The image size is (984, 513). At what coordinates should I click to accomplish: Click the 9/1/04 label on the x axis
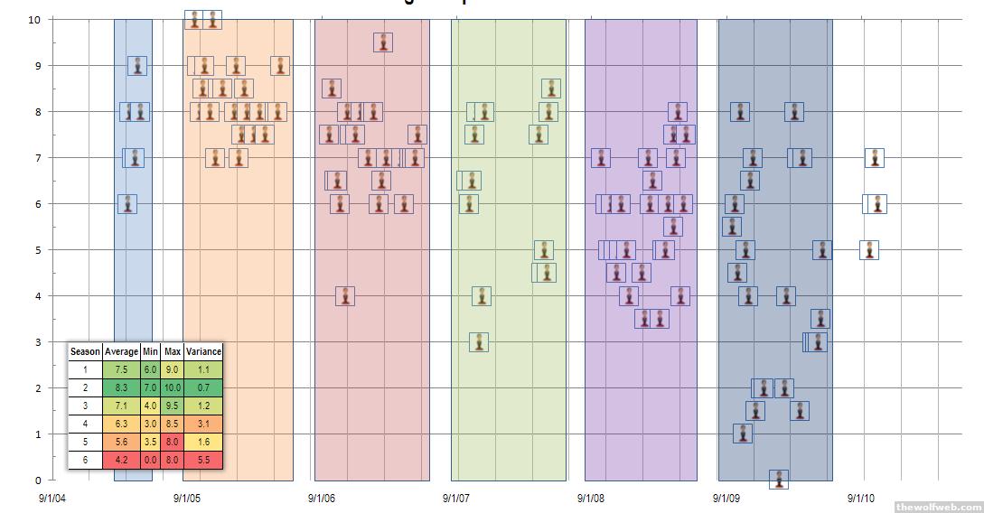(52, 498)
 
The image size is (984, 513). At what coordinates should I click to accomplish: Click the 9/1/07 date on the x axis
(457, 498)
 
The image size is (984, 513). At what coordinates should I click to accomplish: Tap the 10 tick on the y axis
(33, 20)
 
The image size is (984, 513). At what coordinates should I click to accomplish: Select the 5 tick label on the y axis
(37, 250)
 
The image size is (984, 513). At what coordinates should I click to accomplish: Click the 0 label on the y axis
(37, 480)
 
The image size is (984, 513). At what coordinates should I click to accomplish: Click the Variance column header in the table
(203, 351)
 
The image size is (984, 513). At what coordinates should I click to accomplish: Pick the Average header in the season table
(121, 351)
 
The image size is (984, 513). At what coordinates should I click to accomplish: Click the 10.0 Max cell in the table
(172, 387)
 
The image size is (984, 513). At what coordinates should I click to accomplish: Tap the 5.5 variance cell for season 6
(203, 460)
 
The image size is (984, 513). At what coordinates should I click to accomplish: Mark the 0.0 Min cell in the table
(150, 460)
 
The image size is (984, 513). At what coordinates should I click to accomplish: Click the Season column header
(85, 351)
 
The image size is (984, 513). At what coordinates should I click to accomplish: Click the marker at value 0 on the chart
(779, 480)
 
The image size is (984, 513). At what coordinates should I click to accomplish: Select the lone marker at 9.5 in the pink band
(383, 42)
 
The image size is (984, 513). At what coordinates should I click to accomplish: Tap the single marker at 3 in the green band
(479, 342)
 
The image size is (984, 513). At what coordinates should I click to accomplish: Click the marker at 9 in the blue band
(137, 66)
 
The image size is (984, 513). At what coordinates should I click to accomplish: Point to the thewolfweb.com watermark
(938, 507)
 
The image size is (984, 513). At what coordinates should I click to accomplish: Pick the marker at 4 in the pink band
(345, 296)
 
